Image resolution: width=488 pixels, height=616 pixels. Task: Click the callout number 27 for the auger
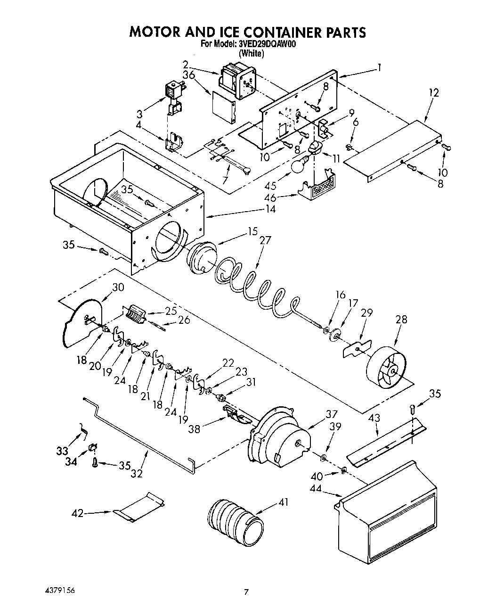(265, 240)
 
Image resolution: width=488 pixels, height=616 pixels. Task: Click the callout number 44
(316, 489)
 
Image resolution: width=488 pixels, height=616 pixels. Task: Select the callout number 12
(434, 92)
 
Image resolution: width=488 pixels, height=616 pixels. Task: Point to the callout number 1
(379, 67)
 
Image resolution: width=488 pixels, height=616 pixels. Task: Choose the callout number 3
(139, 114)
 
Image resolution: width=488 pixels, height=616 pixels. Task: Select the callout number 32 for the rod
(137, 473)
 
